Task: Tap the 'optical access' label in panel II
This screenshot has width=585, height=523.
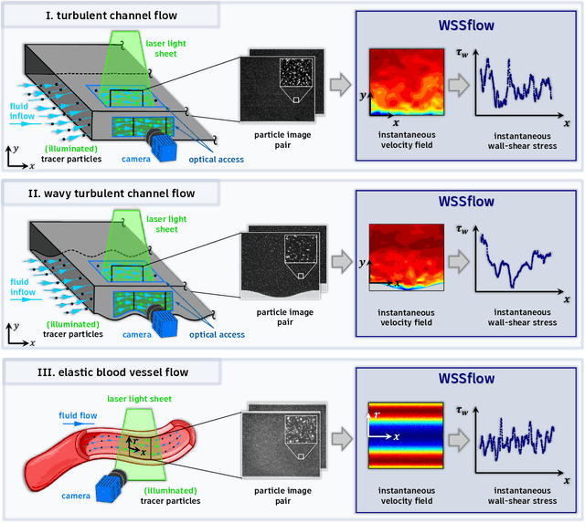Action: (x=217, y=334)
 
